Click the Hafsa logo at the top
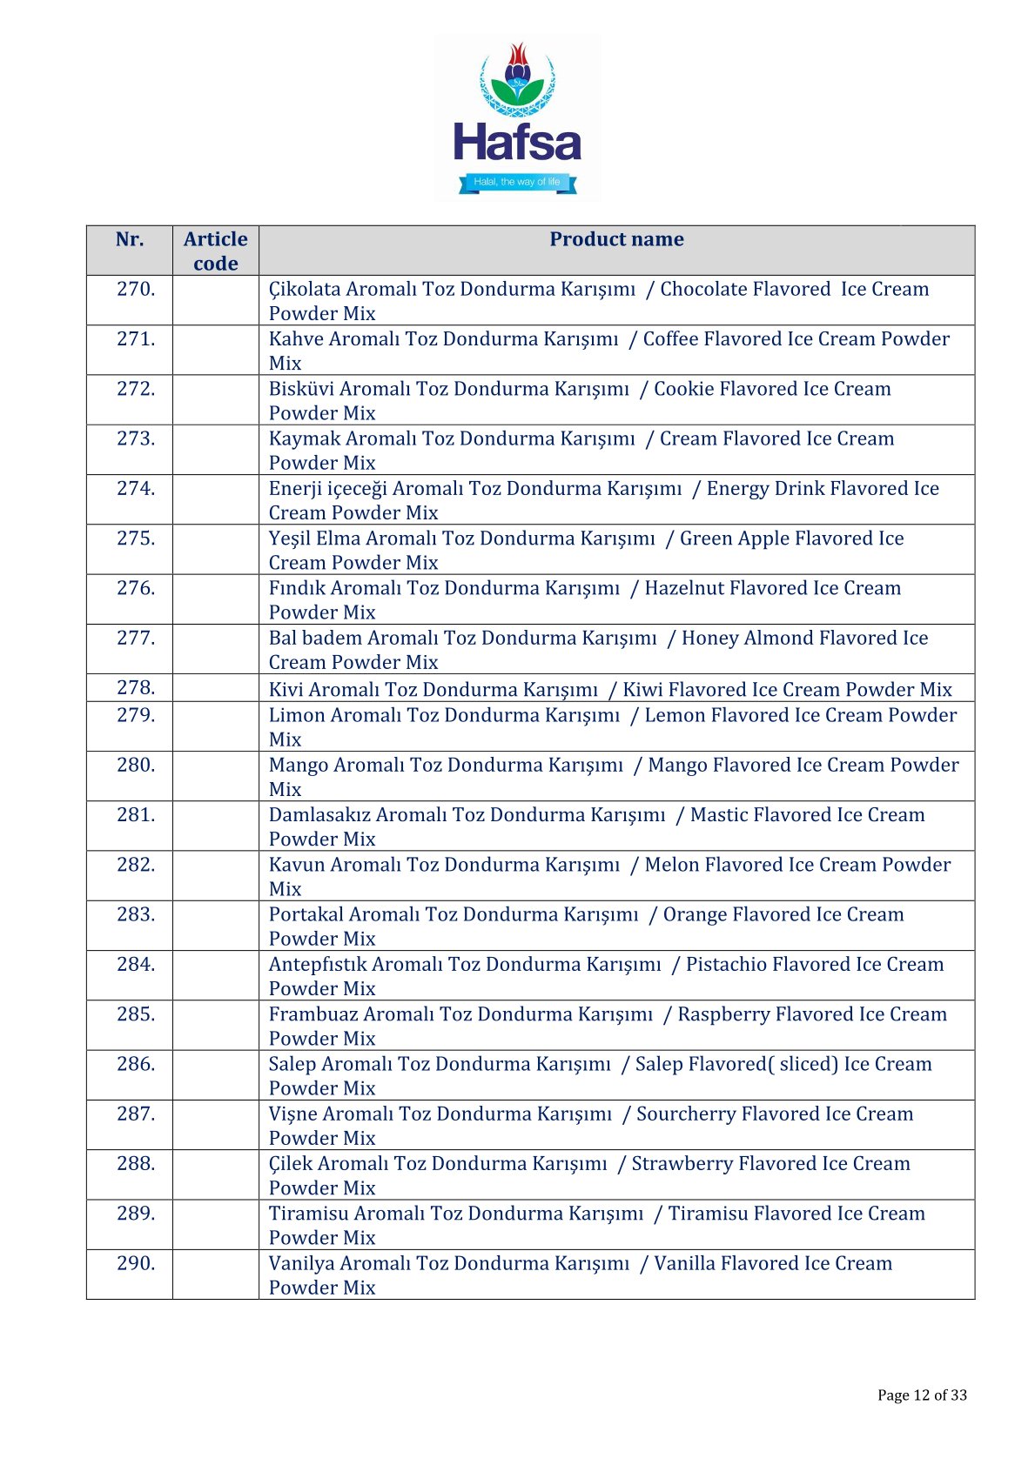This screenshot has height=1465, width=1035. [517, 117]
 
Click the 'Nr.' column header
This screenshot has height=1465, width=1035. [130, 239]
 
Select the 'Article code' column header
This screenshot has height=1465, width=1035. [215, 251]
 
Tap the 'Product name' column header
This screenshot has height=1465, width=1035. [616, 239]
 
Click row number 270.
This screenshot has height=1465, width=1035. [136, 289]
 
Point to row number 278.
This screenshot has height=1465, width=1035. [136, 688]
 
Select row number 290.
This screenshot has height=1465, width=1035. [136, 1263]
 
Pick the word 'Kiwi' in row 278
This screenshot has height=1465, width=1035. [642, 690]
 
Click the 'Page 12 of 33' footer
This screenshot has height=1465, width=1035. [922, 1395]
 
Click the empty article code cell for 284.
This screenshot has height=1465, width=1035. [215, 975]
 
